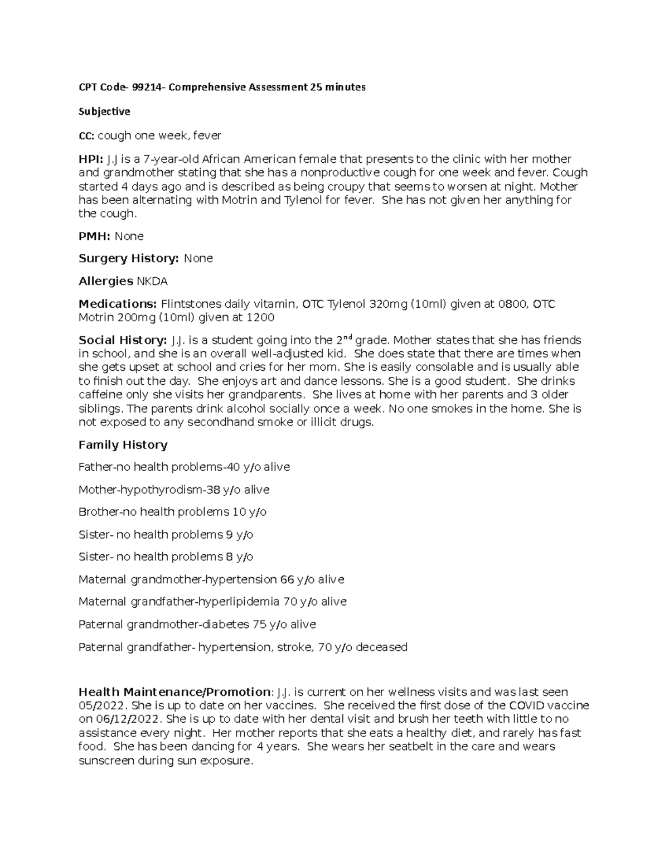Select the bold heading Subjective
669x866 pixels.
(x=104, y=112)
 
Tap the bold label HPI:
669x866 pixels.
(x=91, y=159)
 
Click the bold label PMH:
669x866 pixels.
(x=95, y=236)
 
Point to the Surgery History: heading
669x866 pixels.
(x=129, y=259)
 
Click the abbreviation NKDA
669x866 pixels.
(x=152, y=281)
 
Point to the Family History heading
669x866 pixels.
(x=123, y=445)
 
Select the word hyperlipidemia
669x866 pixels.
(x=241, y=602)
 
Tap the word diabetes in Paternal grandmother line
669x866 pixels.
(x=227, y=625)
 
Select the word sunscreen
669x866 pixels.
(x=106, y=761)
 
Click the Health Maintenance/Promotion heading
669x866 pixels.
(x=174, y=692)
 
